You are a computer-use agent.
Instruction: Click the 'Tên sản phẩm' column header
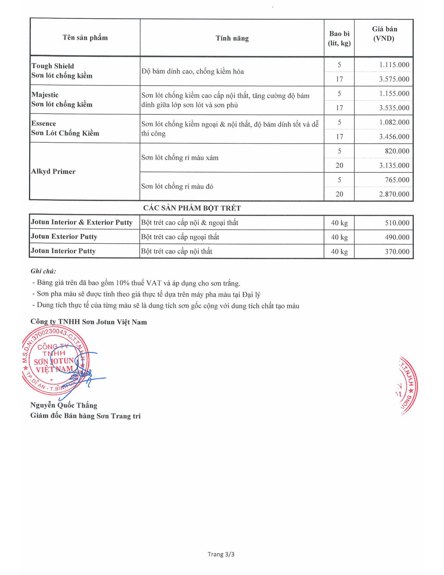85,38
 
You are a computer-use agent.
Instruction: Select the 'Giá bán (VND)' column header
384,34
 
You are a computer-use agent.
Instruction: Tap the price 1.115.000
394,65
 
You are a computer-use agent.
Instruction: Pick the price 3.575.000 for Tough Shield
394,79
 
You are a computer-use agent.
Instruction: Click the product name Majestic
45,95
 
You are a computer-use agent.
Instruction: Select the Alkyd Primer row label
53,171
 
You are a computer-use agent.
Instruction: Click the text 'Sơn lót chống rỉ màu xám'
180,158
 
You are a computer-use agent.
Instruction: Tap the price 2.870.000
394,194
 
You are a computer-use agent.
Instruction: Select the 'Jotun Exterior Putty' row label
64,236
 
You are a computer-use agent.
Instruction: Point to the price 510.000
397,223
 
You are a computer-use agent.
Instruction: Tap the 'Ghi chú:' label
43,271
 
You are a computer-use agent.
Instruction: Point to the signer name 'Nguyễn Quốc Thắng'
64,405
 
